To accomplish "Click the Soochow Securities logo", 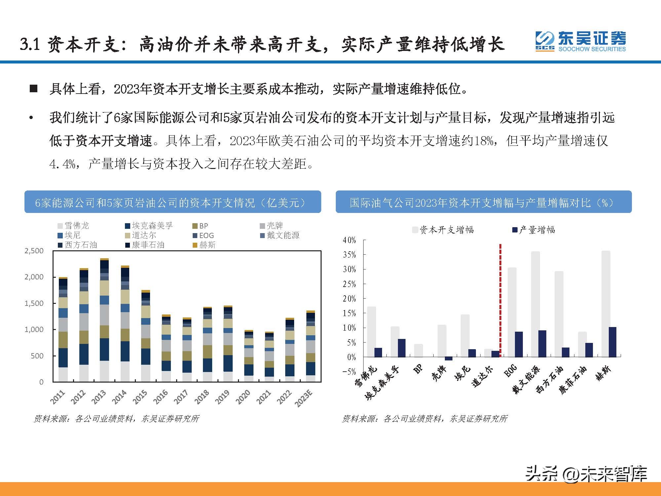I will coord(580,42).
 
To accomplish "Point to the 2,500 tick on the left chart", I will coord(34,251).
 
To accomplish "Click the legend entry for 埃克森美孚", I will coord(149,226).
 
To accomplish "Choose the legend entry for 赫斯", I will coord(204,245).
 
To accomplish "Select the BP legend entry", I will coord(201,226).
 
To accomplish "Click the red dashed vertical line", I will coord(500,299).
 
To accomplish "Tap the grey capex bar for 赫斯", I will coord(606,304).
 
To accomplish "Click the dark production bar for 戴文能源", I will coord(542,344).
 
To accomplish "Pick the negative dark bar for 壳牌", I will coord(448,359).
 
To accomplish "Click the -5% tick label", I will coord(349,372).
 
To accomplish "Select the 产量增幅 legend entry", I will coord(533,230).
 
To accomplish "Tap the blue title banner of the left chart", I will coord(173,202).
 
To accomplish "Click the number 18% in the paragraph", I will coord(484,141).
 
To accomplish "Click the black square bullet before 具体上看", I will coord(33,89).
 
